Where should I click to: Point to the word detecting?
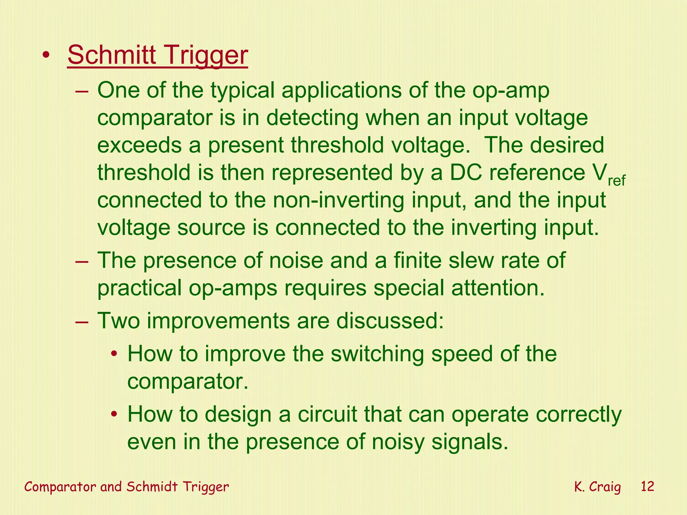click(x=312, y=118)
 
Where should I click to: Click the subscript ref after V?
click(x=617, y=181)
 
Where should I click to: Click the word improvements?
click(x=218, y=321)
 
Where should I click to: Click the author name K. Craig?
click(x=597, y=487)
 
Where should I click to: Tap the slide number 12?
click(x=647, y=486)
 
